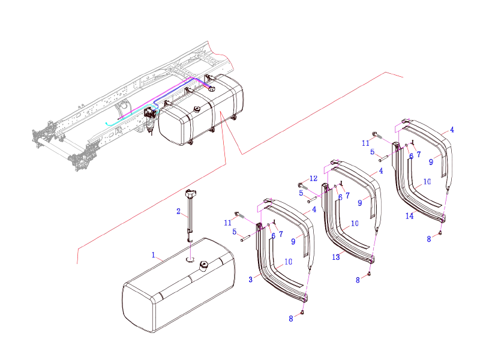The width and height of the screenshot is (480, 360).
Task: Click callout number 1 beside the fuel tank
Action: (x=154, y=255)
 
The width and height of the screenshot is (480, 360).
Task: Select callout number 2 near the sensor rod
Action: (x=178, y=211)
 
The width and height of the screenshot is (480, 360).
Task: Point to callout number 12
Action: (x=313, y=179)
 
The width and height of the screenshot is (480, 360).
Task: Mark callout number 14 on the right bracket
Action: (x=409, y=216)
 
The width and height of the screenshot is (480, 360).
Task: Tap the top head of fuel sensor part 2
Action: (x=191, y=193)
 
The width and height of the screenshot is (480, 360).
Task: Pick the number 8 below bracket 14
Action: (x=429, y=239)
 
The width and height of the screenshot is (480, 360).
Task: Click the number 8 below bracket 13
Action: (x=358, y=280)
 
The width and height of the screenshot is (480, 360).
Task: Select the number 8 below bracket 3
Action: (x=291, y=319)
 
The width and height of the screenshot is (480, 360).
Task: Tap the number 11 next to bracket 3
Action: (x=228, y=223)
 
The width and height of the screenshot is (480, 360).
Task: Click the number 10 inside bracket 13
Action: (x=355, y=223)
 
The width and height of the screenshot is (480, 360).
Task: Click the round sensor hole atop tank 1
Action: (x=190, y=259)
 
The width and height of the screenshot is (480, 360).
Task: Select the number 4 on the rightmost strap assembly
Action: (x=452, y=130)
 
